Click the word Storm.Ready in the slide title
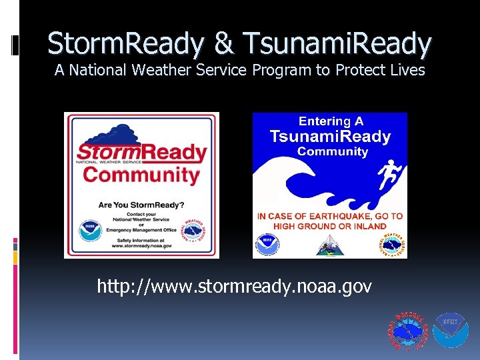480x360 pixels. (126, 44)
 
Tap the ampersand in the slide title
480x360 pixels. (225, 44)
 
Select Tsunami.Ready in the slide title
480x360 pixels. (337, 44)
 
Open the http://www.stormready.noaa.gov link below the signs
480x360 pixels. (235, 287)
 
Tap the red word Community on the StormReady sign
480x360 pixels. (141, 175)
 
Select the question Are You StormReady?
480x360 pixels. (141, 205)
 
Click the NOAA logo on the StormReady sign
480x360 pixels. (87, 229)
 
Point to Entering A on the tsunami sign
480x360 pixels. (331, 122)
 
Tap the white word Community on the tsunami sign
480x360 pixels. (332, 152)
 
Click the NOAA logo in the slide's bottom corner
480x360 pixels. (451, 330)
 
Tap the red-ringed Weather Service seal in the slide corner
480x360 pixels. (408, 330)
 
